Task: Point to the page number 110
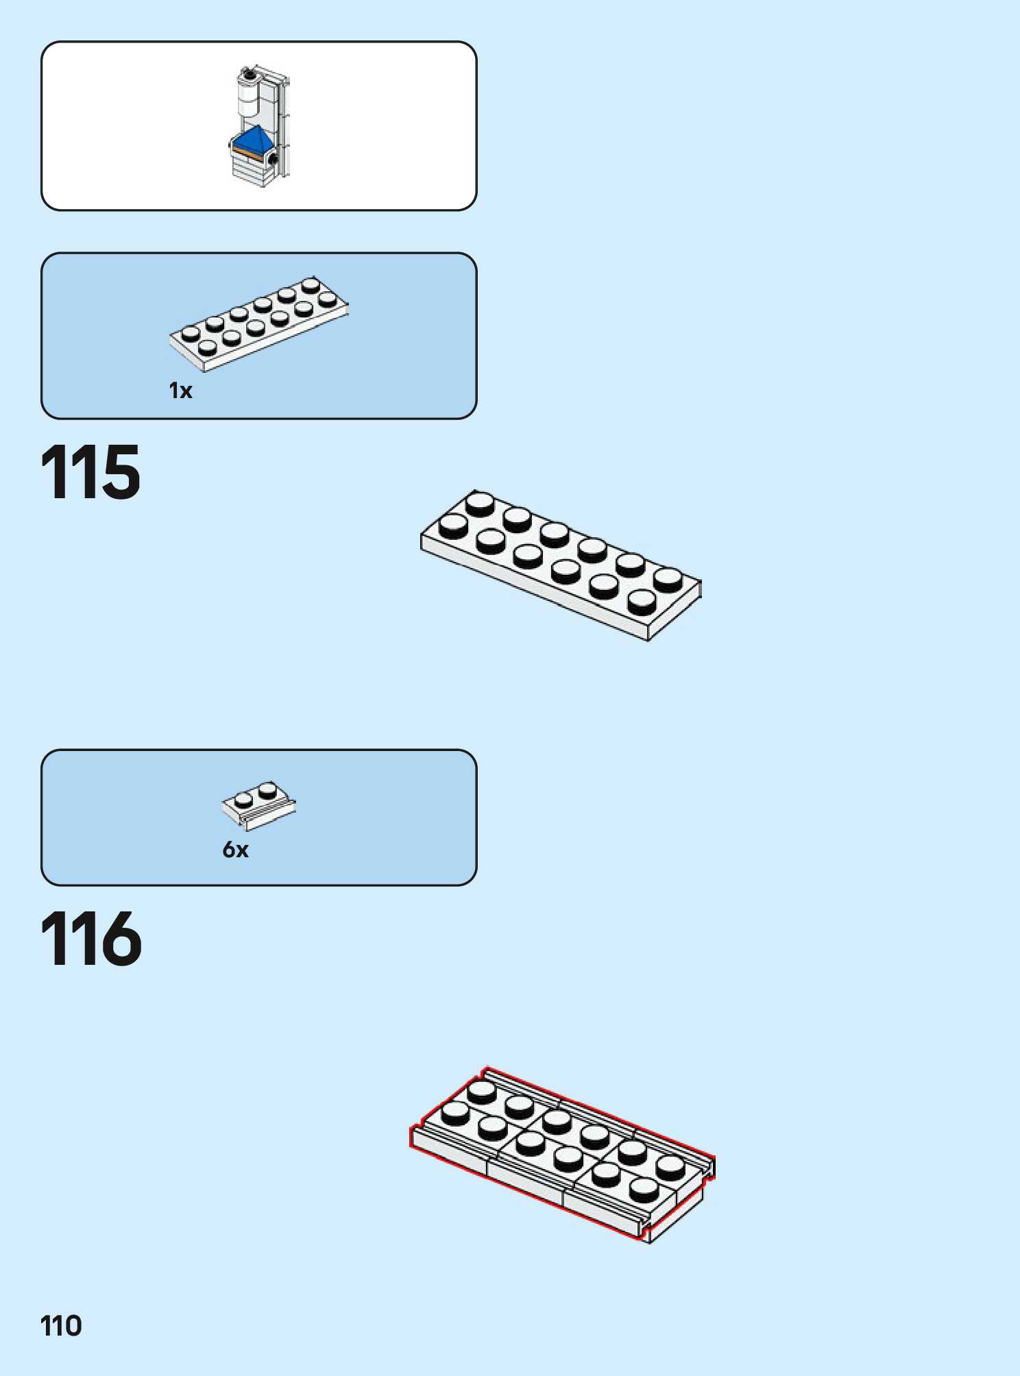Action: pos(61,1326)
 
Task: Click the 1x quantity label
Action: pos(180,391)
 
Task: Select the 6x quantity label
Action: pos(235,850)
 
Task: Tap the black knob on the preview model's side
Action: pos(273,160)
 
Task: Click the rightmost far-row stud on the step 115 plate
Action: pos(667,578)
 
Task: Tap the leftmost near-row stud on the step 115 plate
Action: pos(453,525)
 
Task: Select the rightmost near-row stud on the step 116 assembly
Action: pos(644,1189)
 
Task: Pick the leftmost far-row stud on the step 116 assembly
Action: pos(481,1090)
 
